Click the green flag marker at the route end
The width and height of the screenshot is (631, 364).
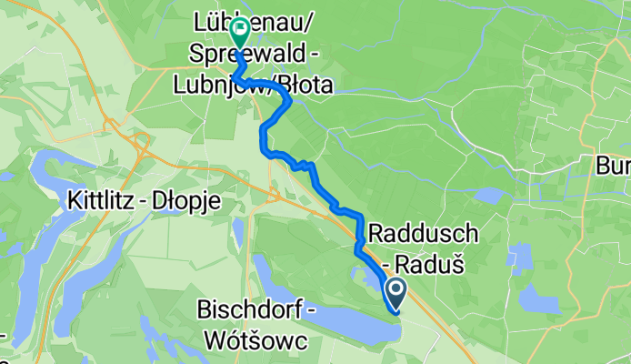click(x=240, y=33)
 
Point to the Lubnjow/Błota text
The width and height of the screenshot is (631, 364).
click(x=265, y=86)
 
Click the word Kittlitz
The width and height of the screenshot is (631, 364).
click(x=101, y=201)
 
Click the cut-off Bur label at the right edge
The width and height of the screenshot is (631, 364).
click(x=613, y=166)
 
